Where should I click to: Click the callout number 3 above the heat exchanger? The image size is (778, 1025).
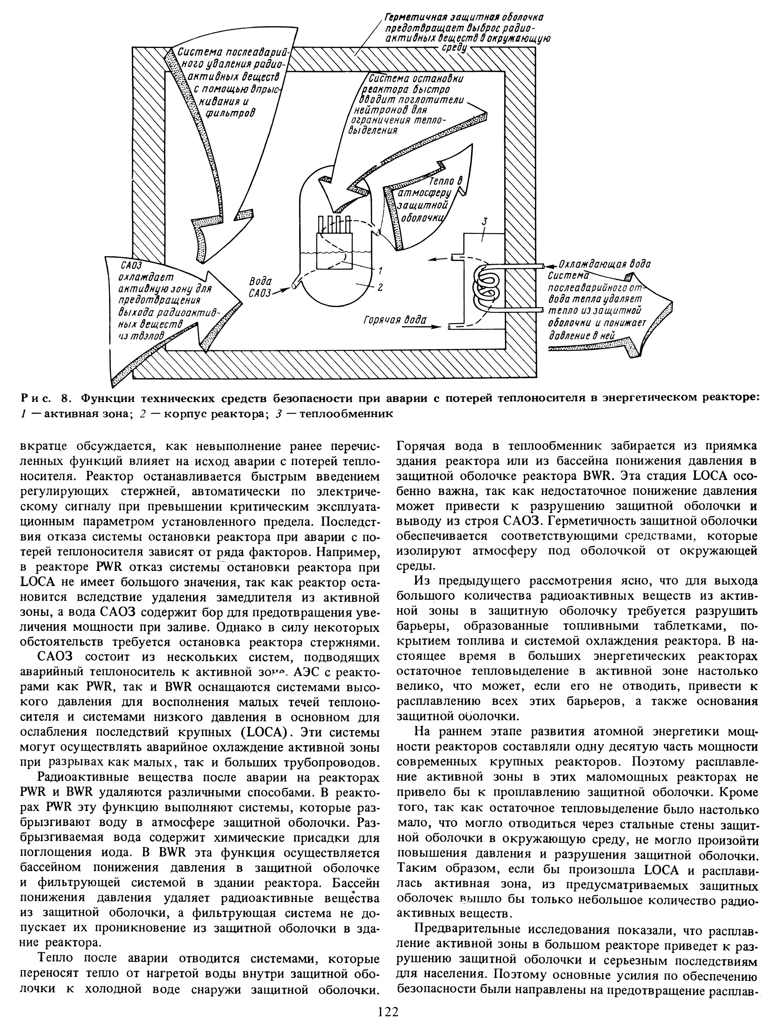point(484,223)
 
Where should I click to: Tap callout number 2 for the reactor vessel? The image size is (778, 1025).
point(380,288)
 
